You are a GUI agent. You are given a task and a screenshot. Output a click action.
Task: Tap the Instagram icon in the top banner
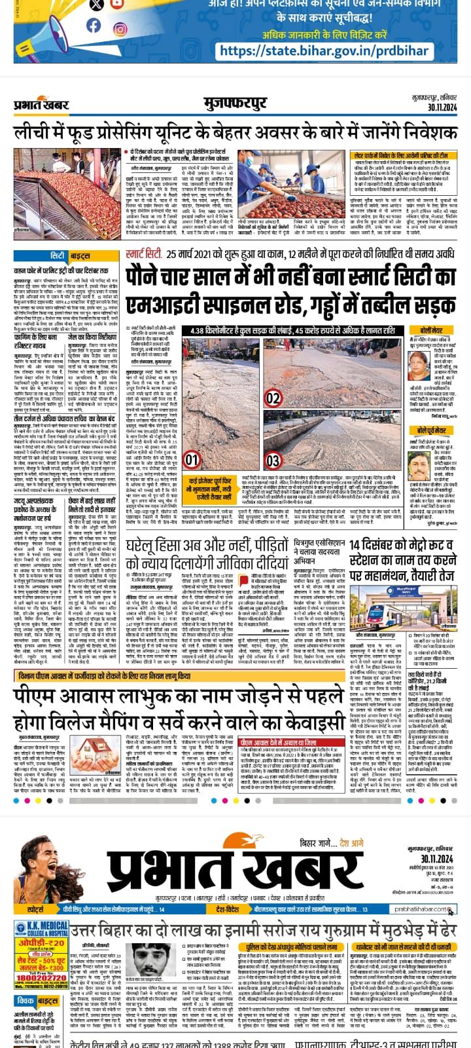coord(120,29)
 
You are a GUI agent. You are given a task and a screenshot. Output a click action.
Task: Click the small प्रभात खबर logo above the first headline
coord(41,103)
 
